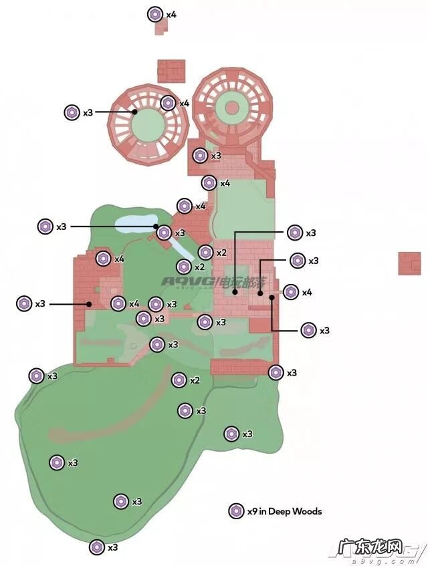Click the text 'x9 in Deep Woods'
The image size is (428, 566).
[284, 511]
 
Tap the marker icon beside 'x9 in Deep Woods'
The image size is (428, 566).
[235, 511]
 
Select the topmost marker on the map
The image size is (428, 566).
[155, 14]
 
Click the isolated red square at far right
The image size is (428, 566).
[409, 263]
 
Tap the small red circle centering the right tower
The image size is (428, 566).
[232, 107]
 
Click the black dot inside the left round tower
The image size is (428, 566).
[135, 112]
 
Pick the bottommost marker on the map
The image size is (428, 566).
[97, 547]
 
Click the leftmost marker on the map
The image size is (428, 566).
[24, 303]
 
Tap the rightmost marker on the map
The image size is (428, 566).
[308, 330]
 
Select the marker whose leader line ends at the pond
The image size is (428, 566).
[45, 227]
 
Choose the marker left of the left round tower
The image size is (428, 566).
[72, 113]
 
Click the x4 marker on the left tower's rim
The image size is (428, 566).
[169, 103]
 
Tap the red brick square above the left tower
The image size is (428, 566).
[171, 71]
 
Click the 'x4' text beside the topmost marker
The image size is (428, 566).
[171, 14]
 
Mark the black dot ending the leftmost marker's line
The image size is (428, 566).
[88, 304]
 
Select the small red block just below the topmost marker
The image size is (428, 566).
[160, 27]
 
